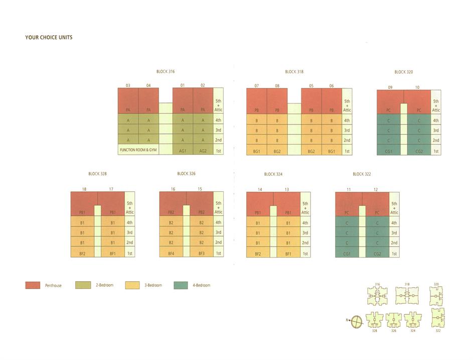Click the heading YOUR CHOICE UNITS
[49, 37]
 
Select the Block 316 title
[165, 72]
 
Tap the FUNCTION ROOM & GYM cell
[138, 150]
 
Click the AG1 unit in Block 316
[183, 150]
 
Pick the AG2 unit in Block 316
[203, 150]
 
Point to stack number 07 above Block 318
[256, 86]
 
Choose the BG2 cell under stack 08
[277, 151]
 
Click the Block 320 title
[403, 72]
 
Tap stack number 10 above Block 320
[417, 87]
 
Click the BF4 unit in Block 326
[171, 254]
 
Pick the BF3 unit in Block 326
[201, 254]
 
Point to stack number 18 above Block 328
[84, 189]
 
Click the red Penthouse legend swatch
[32, 285]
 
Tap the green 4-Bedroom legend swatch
[180, 285]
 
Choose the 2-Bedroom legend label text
[104, 285]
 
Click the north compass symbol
[357, 320]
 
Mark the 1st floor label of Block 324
[305, 254]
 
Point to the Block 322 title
[361, 174]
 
